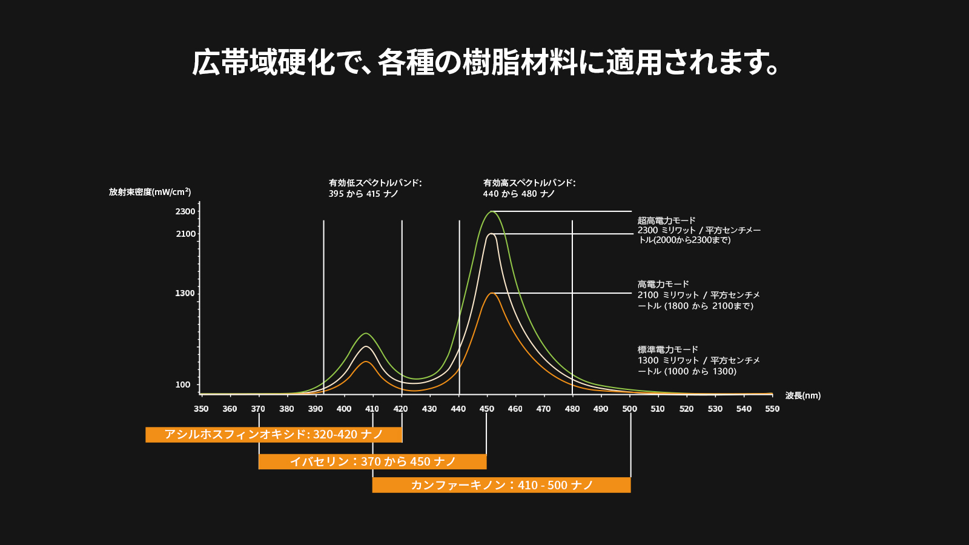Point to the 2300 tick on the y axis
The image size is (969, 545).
point(185,211)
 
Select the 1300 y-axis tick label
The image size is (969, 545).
point(185,293)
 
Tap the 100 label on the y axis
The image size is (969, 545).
point(182,385)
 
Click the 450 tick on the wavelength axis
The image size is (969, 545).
point(487,409)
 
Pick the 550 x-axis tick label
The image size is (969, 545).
point(772,409)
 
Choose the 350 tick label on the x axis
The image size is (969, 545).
point(201,409)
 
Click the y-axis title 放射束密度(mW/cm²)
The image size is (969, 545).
point(150,191)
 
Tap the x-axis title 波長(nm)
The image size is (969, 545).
point(803,395)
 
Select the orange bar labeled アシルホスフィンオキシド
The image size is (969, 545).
point(274,435)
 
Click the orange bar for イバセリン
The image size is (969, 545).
point(372,461)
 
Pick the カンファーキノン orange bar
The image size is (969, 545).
point(501,485)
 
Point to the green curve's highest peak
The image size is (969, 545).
point(492,211)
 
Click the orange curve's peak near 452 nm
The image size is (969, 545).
point(492,293)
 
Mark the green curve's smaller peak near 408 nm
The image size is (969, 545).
point(366,333)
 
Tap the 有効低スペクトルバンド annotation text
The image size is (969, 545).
point(375,188)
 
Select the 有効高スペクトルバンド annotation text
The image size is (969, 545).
point(529,188)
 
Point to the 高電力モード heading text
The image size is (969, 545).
point(663,284)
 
